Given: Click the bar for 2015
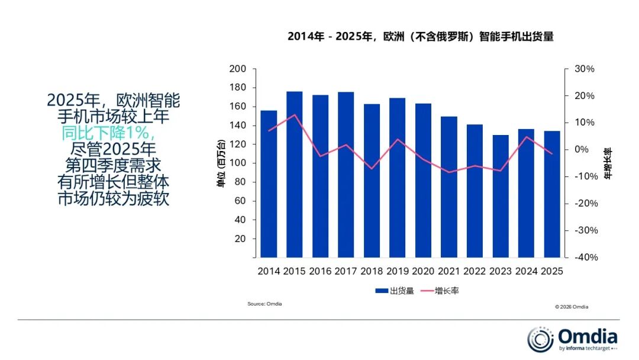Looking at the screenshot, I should click(x=295, y=175).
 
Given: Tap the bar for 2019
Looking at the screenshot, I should click(x=398, y=178).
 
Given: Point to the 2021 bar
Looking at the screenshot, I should click(x=449, y=187).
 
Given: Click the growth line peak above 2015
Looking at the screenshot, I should click(x=295, y=115).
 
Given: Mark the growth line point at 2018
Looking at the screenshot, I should click(x=372, y=169).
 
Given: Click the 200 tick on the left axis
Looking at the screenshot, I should click(x=237, y=69).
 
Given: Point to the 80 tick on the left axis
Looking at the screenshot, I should click(x=240, y=182).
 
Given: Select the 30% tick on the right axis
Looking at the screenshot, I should click(x=584, y=69).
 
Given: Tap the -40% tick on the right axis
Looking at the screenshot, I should click(x=583, y=258).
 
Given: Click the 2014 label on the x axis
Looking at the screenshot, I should click(x=269, y=271).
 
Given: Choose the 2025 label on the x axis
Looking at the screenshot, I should click(x=552, y=271).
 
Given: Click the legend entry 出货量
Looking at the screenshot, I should click(x=395, y=291).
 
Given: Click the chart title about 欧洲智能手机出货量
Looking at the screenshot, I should click(x=420, y=37).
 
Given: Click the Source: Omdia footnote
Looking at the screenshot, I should click(x=264, y=304).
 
